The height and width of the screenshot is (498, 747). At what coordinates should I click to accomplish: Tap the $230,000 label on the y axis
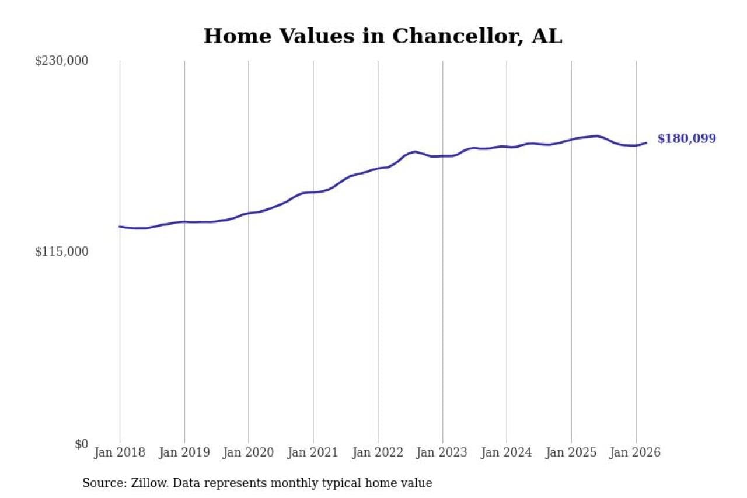click(x=62, y=61)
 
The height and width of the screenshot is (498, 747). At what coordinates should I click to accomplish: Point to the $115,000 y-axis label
click(x=62, y=252)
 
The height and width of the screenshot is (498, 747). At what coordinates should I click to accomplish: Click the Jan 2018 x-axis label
click(x=120, y=453)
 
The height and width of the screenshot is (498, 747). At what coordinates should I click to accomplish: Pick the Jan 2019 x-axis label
click(x=184, y=453)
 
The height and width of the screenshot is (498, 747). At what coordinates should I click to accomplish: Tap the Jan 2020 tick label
click(x=249, y=453)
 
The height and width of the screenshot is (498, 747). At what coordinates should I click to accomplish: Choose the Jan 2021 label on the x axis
click(x=313, y=453)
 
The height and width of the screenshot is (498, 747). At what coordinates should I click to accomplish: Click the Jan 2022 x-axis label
click(x=378, y=453)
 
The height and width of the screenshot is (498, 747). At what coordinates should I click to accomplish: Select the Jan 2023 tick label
click(x=442, y=453)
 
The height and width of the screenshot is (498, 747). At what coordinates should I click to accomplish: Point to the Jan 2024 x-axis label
click(x=507, y=453)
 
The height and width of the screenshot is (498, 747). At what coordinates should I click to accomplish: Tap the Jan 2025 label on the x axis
click(x=571, y=453)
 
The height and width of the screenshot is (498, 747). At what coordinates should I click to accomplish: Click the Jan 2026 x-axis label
click(x=636, y=453)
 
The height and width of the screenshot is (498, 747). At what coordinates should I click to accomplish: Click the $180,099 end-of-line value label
click(x=686, y=139)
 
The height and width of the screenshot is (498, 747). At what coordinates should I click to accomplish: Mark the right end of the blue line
click(x=646, y=142)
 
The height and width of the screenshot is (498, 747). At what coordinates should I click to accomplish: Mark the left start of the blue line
click(x=120, y=227)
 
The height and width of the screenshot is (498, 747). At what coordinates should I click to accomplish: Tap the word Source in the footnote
click(x=100, y=483)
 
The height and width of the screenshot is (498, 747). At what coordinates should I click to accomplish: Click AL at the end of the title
click(x=547, y=36)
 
